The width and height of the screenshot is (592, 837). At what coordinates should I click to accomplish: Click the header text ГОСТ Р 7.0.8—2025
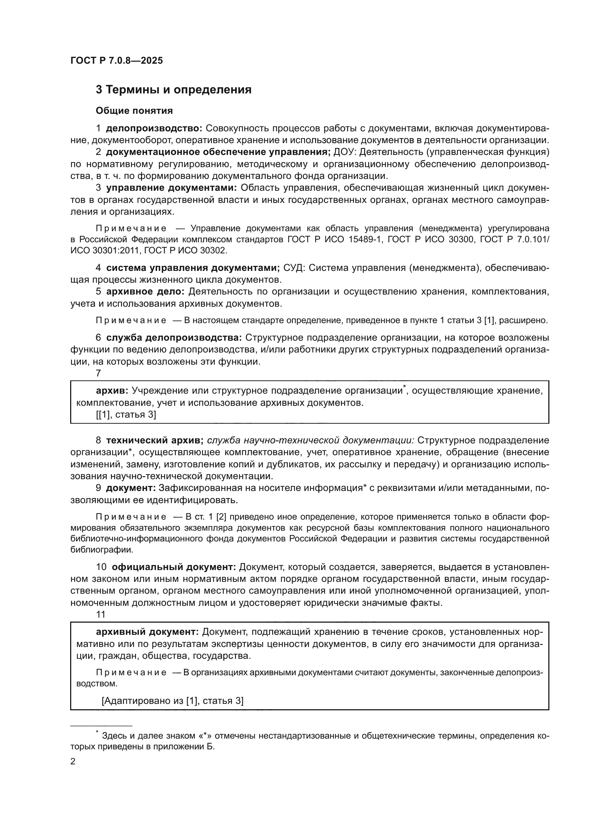117,60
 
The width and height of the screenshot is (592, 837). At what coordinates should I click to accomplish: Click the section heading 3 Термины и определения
174,90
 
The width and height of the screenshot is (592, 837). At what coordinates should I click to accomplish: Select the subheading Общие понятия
134,111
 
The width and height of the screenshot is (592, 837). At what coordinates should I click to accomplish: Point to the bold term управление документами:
171,188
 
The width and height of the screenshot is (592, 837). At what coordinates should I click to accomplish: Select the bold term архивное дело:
146,291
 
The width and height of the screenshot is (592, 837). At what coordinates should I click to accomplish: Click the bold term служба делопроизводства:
174,337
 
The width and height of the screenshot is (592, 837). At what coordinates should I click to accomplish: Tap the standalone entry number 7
98,373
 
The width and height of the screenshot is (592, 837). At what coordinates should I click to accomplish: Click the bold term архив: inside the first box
112,391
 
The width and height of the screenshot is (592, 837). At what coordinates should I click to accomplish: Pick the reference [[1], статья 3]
126,414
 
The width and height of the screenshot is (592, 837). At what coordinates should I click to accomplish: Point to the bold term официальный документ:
174,567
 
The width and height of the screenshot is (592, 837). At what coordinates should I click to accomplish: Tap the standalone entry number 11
101,615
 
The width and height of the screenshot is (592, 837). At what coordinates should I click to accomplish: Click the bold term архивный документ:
147,632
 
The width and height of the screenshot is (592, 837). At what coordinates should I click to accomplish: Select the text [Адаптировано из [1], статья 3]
173,701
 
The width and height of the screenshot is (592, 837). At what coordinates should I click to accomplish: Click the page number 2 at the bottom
73,761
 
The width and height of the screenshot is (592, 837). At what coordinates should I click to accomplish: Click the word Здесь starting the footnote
112,736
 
